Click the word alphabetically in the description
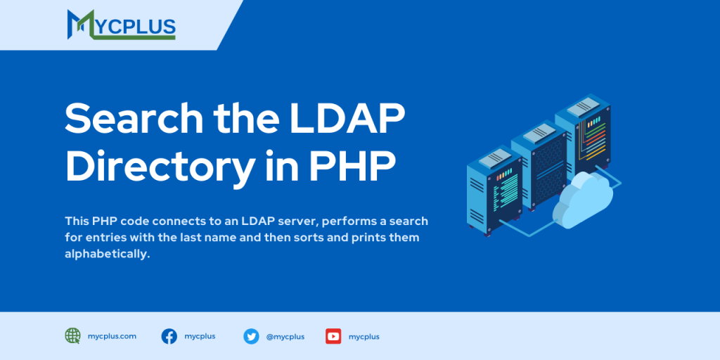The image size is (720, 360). coord(108,254)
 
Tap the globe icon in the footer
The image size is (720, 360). coord(72,336)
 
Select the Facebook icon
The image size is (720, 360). coord(169,336)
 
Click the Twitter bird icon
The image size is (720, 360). coord(251,336)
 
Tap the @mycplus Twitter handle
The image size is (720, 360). coord(285,337)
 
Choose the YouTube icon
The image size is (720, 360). coord(333,336)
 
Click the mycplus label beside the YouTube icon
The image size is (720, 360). coord(364,337)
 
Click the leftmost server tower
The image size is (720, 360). coord(495,193)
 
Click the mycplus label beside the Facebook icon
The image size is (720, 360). coord(200,336)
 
